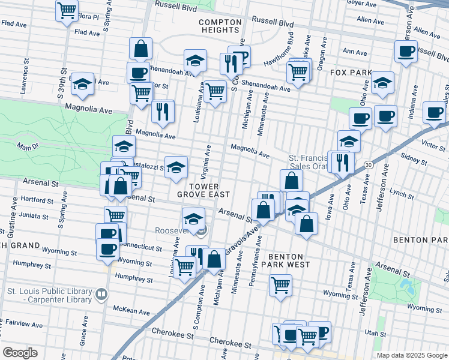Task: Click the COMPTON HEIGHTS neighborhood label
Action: [220, 26]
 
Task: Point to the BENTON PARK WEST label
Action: [285, 260]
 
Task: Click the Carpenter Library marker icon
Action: [101, 294]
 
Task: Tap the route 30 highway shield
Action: [367, 164]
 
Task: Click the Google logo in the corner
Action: [20, 352]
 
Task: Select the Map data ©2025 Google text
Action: [412, 355]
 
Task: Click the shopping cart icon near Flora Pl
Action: [67, 9]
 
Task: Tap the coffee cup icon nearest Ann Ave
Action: [406, 51]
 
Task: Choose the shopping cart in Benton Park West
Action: [280, 285]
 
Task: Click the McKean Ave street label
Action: [130, 310]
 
